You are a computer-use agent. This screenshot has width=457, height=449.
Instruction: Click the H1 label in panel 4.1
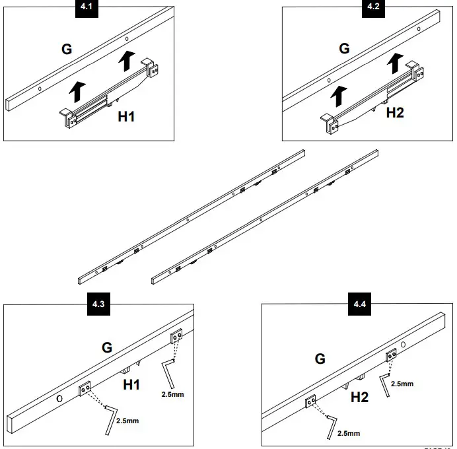click(x=127, y=116)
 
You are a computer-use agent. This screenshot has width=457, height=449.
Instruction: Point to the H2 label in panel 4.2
click(x=395, y=112)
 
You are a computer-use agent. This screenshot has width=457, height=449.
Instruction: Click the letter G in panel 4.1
click(x=67, y=48)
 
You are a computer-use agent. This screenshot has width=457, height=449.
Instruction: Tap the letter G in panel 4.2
click(x=343, y=48)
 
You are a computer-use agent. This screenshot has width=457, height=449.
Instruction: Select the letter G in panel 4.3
click(x=106, y=347)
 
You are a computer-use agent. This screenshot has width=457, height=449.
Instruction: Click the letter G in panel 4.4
click(x=320, y=359)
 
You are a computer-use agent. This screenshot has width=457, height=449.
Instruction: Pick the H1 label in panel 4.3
click(x=132, y=384)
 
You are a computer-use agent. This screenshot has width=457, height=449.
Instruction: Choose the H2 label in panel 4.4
click(x=360, y=397)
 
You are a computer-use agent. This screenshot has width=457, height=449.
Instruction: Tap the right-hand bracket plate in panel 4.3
click(x=176, y=337)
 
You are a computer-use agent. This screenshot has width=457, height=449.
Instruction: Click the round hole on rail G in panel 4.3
click(x=59, y=398)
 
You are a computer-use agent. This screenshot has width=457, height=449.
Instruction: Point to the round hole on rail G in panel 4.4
click(x=404, y=345)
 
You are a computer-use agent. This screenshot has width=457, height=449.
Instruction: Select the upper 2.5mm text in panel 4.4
click(x=402, y=383)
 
